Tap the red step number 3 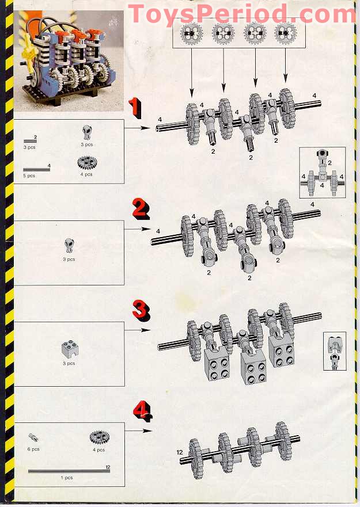point(140,310)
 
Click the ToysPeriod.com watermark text point(241,13)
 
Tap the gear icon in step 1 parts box point(86,163)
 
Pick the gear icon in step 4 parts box point(100,438)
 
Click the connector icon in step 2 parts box point(69,246)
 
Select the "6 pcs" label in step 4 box point(33,449)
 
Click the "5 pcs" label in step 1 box point(29,176)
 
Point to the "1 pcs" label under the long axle point(67,478)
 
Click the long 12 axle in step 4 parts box point(67,471)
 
